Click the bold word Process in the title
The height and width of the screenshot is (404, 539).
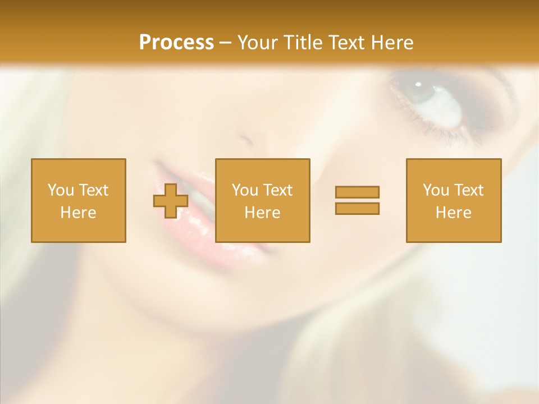(x=176, y=43)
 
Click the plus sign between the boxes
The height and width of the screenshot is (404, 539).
(x=171, y=201)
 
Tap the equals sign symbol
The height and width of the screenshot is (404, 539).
(x=357, y=200)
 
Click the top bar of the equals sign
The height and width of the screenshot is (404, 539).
(x=357, y=192)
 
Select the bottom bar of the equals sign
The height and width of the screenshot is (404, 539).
(x=357, y=208)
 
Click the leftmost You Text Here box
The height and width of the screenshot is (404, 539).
(x=78, y=200)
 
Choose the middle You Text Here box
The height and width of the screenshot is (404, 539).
(x=262, y=200)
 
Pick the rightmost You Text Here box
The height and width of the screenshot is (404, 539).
(x=453, y=200)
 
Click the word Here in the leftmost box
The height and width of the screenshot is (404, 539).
(x=78, y=213)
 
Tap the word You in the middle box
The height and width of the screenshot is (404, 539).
(x=245, y=190)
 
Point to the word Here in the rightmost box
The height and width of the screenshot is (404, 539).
(x=453, y=213)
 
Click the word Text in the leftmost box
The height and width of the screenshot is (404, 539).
(x=93, y=190)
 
